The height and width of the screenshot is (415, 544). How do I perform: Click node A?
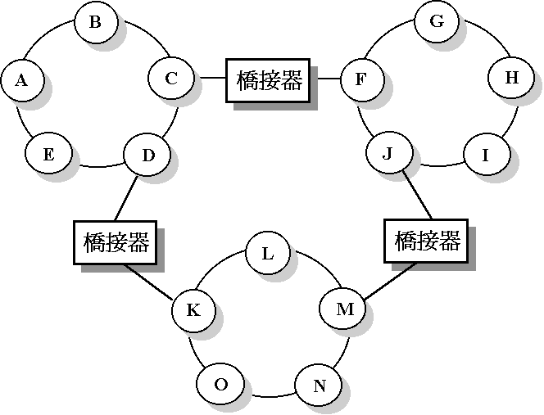pyautogui.click(x=22, y=80)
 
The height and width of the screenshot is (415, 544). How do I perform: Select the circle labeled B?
pyautogui.click(x=95, y=22)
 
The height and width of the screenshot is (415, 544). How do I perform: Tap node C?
pyautogui.click(x=171, y=79)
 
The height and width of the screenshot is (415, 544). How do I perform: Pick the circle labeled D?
pyautogui.click(x=147, y=155)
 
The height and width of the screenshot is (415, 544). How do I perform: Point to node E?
pyautogui.click(x=48, y=155)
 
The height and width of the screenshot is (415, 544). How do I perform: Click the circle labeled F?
pyautogui.click(x=360, y=79)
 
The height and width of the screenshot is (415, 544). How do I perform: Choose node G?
pyautogui.click(x=437, y=22)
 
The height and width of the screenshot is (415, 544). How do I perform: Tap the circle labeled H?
pyautogui.click(x=512, y=79)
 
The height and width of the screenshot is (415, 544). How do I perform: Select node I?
pyautogui.click(x=486, y=155)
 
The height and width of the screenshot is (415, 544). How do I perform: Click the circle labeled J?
pyautogui.click(x=388, y=154)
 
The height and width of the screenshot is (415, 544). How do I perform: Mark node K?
pyautogui.click(x=193, y=310)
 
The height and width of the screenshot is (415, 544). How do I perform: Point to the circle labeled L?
pyautogui.click(x=267, y=253)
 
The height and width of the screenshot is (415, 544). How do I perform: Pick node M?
pyautogui.click(x=345, y=309)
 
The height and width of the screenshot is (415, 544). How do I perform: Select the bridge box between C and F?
pyautogui.click(x=269, y=80)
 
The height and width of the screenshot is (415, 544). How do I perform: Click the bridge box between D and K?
pyautogui.click(x=116, y=242)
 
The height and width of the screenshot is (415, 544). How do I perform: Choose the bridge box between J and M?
pyautogui.click(x=426, y=241)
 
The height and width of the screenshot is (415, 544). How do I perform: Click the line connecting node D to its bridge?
pyautogui.click(x=131, y=199)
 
